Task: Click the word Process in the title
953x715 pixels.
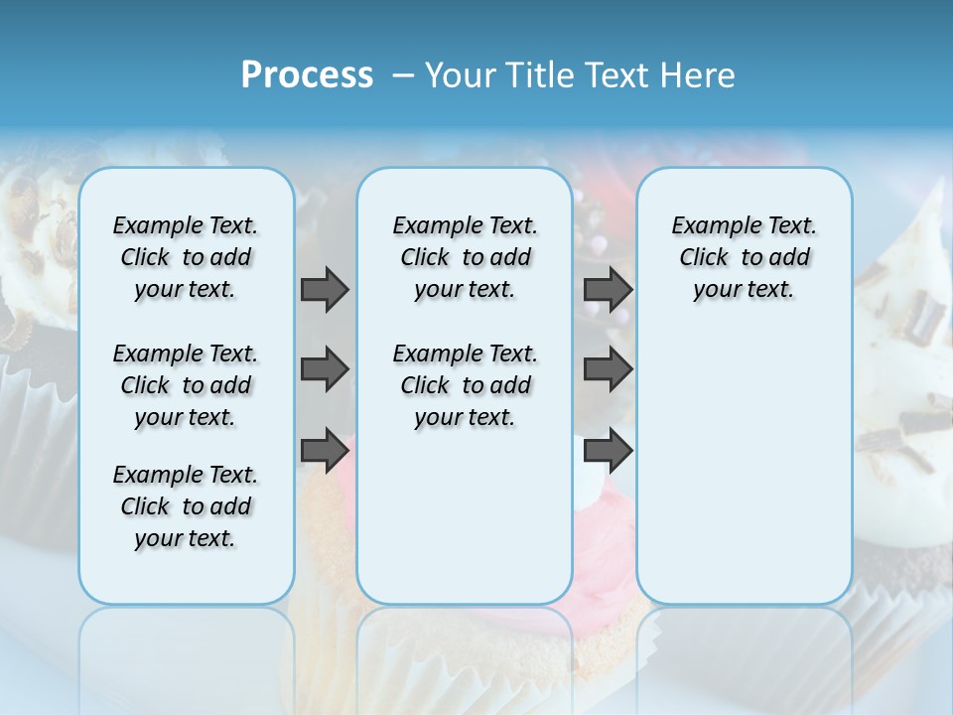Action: click(307, 75)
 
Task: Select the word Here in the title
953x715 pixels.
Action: click(699, 75)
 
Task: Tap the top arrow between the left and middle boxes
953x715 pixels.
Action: click(325, 289)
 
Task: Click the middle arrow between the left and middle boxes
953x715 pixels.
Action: click(325, 369)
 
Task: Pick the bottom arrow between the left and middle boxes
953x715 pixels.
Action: click(325, 450)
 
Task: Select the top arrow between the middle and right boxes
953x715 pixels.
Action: click(608, 289)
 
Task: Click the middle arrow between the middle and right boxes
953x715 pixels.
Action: click(608, 369)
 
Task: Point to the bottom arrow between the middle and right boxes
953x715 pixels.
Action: click(608, 450)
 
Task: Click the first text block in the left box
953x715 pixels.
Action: click(186, 257)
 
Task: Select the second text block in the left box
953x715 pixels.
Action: click(186, 385)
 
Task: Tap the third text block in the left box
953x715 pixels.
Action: click(186, 506)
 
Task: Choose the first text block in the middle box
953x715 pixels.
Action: click(465, 257)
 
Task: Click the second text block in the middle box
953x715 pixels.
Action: click(465, 385)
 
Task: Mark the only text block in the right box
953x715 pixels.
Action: click(744, 257)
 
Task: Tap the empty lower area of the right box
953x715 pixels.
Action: click(744, 477)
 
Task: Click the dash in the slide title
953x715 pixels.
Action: click(403, 75)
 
